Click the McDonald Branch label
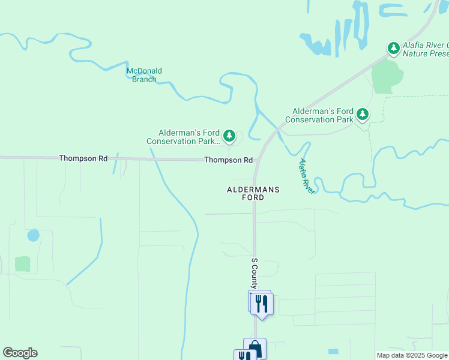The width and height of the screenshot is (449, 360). [144, 75]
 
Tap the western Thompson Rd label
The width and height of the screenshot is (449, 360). [83, 158]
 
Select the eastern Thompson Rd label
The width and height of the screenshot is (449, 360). [228, 160]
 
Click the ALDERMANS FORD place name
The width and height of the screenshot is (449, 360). [253, 193]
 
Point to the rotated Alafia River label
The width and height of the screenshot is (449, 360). [307, 176]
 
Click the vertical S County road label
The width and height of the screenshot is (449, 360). [255, 274]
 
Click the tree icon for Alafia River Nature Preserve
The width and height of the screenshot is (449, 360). [393, 47]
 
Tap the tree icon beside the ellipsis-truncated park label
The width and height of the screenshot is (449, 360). [229, 135]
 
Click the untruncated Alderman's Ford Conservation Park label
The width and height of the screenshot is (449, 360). [319, 115]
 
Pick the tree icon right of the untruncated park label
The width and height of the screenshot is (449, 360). [362, 113]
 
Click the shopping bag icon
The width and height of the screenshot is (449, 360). [255, 348]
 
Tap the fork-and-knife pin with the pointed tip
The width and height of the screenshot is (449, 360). [262, 304]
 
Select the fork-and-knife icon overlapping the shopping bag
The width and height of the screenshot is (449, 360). [245, 355]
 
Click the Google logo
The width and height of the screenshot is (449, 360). [20, 353]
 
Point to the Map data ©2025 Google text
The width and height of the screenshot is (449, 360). [412, 355]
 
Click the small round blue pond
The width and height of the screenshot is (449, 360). [34, 235]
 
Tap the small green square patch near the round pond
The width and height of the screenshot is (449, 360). [23, 263]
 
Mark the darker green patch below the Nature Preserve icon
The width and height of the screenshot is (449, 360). [387, 77]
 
